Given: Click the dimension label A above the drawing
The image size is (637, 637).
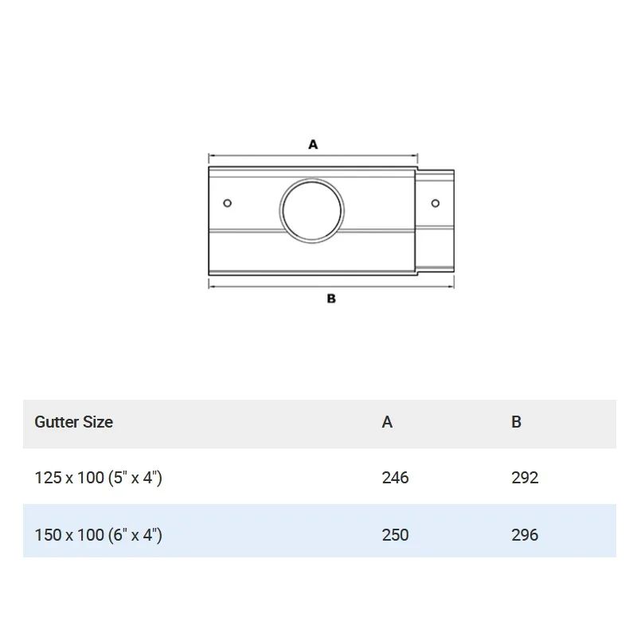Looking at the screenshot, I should click(x=313, y=144).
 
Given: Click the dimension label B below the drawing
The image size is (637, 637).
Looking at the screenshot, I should click(x=331, y=299).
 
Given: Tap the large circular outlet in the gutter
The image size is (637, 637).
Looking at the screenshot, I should click(x=312, y=210).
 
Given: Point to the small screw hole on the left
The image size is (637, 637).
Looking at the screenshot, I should click(x=228, y=203).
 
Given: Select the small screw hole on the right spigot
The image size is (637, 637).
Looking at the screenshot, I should click(x=435, y=203).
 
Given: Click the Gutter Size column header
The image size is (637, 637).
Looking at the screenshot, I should click(x=73, y=422).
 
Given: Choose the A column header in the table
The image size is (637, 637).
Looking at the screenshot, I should click(x=387, y=422).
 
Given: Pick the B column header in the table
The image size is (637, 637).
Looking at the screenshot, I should click(x=516, y=422).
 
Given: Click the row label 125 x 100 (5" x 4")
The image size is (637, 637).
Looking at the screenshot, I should click(x=98, y=478).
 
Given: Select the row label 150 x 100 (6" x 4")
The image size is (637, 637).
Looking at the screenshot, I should click(x=98, y=534).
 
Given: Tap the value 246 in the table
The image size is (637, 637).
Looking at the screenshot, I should click(x=395, y=478).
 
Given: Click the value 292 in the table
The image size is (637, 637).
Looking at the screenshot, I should click(x=525, y=478).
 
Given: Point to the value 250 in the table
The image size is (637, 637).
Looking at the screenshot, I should click(x=395, y=534).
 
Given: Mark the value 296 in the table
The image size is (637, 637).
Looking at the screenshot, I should click(x=525, y=534).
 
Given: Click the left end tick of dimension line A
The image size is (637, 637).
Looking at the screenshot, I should click(x=209, y=156).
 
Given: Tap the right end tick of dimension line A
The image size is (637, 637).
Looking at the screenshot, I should click(x=418, y=156).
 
